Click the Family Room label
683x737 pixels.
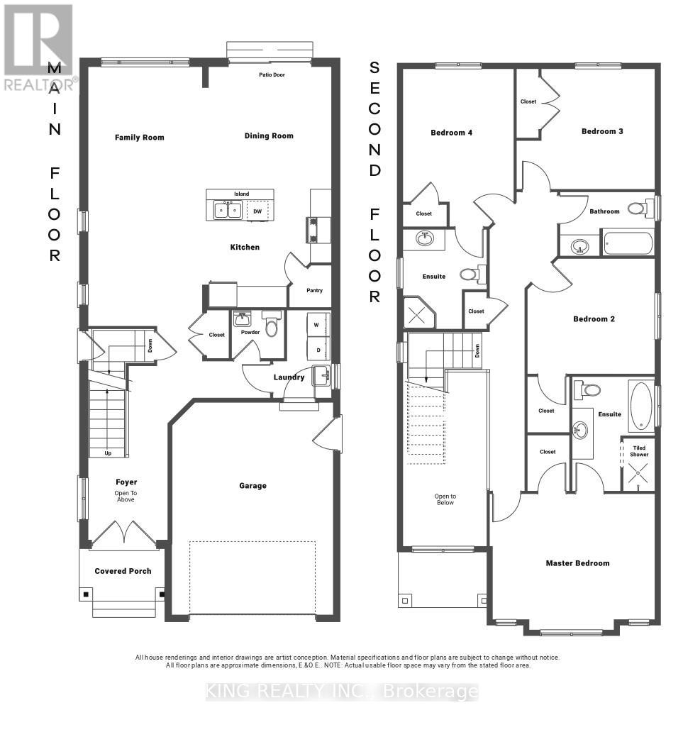point(140,137)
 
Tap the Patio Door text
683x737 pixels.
point(272,74)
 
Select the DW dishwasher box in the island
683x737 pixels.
point(257,211)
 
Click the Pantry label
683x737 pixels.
point(314,291)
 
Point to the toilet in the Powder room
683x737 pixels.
point(271,323)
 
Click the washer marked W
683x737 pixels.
point(316,325)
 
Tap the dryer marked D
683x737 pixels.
point(318,350)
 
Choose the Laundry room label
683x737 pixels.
point(289,377)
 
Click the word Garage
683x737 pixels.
point(253,485)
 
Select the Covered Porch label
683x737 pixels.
point(123,571)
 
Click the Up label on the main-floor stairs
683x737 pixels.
point(108,453)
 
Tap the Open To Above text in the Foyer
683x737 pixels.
point(126,497)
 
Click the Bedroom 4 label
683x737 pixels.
point(451,133)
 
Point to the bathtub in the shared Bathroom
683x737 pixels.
point(628,243)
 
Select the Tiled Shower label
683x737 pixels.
point(639,451)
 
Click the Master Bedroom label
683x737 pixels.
point(578,563)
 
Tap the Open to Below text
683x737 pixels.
point(445,499)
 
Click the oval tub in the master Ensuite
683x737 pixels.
point(640,406)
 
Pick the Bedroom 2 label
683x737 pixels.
point(594,319)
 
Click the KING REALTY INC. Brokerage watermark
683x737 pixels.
point(342,692)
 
